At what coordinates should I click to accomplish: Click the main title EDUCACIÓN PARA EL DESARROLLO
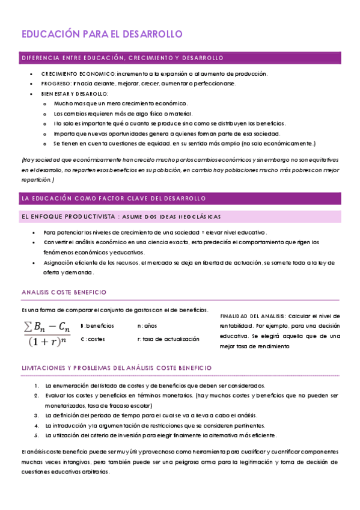(102, 34)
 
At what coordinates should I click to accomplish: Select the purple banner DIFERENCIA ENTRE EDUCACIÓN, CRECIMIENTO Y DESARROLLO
(122, 58)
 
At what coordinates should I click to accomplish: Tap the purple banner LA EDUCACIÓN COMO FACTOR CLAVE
(114, 198)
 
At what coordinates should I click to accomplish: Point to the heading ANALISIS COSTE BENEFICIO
(64, 292)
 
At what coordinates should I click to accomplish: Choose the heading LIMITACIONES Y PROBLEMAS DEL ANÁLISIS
(116, 367)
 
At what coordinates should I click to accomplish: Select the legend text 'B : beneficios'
(97, 325)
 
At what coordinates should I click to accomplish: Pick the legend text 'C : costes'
(93, 339)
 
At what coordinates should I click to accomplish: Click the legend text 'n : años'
(147, 325)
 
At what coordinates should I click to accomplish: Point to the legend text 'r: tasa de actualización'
(168, 339)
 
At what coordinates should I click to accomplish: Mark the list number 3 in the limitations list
(37, 415)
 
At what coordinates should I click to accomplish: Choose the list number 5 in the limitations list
(37, 435)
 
